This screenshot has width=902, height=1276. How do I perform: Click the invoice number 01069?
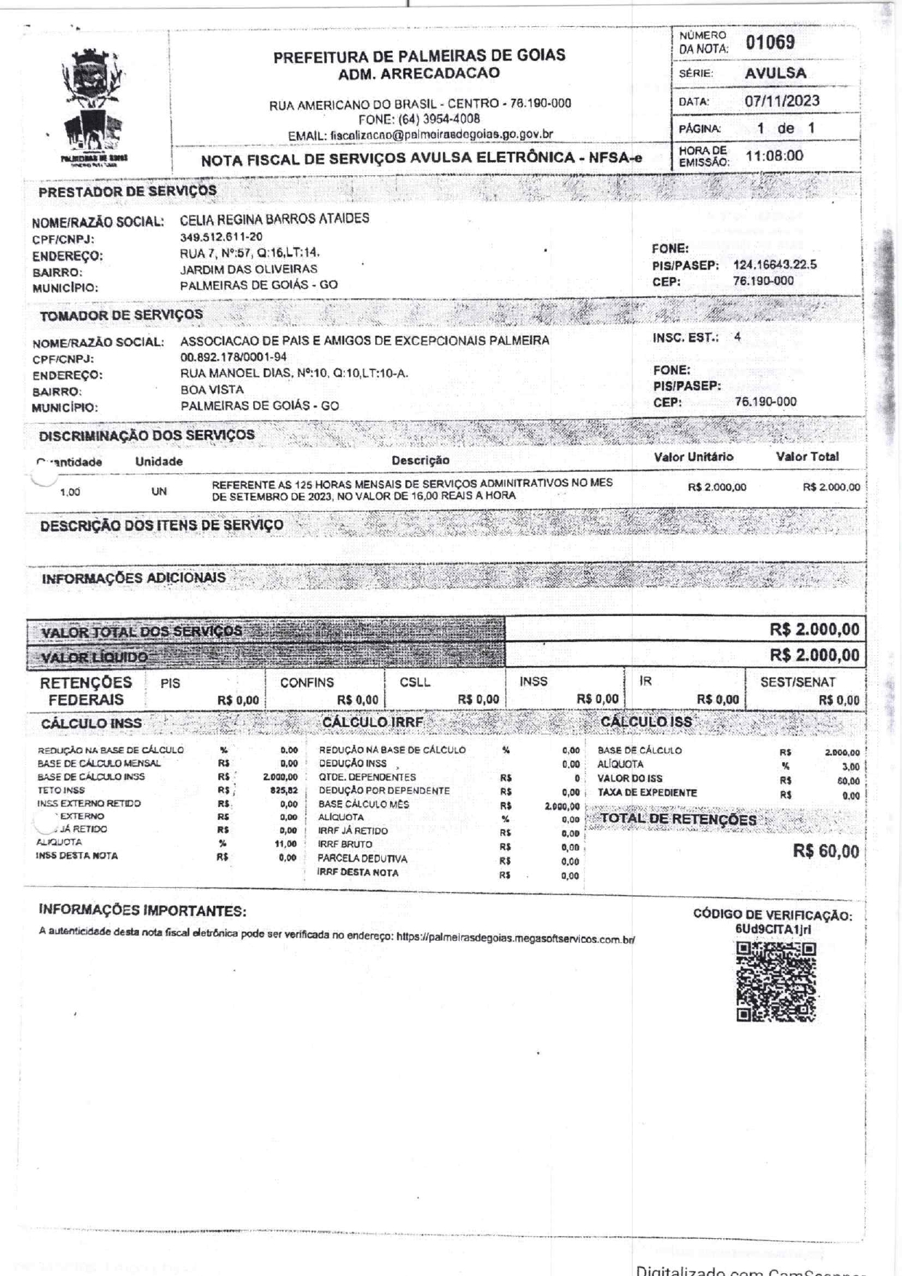[x=770, y=42]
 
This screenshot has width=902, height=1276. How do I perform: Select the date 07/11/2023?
[x=782, y=100]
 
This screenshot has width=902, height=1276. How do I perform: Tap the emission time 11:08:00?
[x=774, y=156]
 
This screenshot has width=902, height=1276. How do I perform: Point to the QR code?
[x=776, y=982]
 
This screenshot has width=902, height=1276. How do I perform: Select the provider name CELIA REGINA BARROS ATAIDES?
[x=274, y=218]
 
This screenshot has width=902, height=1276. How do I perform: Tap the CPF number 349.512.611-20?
[x=221, y=237]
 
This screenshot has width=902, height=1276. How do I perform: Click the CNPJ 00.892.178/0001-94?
[x=234, y=357]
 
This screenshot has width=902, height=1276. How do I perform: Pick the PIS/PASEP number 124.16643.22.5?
[x=775, y=265]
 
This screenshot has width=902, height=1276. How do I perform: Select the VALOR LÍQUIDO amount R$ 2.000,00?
[x=815, y=655]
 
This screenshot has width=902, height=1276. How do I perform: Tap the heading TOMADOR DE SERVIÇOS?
[x=121, y=315]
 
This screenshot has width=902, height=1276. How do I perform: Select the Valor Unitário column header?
[x=693, y=457]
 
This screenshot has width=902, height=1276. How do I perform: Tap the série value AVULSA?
[x=775, y=73]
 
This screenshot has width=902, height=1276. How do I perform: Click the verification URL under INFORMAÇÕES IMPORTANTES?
[x=516, y=939]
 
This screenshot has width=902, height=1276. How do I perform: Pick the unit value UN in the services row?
[x=159, y=491]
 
